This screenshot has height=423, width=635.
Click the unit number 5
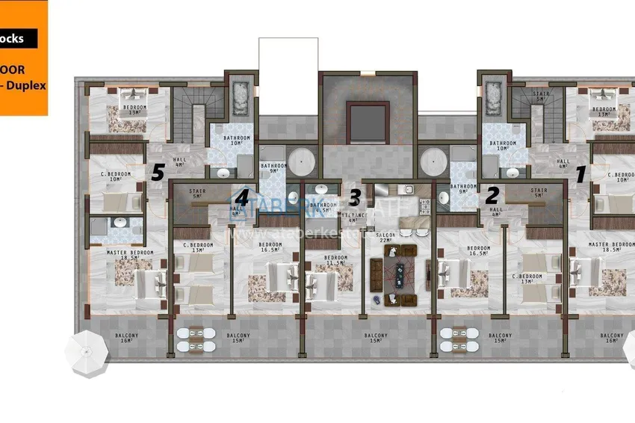click(157, 173)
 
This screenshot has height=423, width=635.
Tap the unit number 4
click(241, 197)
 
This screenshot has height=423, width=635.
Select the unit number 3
click(356, 197)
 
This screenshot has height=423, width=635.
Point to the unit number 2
click(491, 195)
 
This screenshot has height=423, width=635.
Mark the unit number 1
click(580, 173)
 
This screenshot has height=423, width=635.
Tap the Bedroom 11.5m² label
click(335, 261)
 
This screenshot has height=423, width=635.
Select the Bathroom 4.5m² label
click(323, 207)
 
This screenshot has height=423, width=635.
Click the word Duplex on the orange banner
click(30, 85)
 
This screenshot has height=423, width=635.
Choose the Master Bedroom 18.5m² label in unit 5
click(130, 256)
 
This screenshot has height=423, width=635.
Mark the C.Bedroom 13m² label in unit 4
click(202, 247)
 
